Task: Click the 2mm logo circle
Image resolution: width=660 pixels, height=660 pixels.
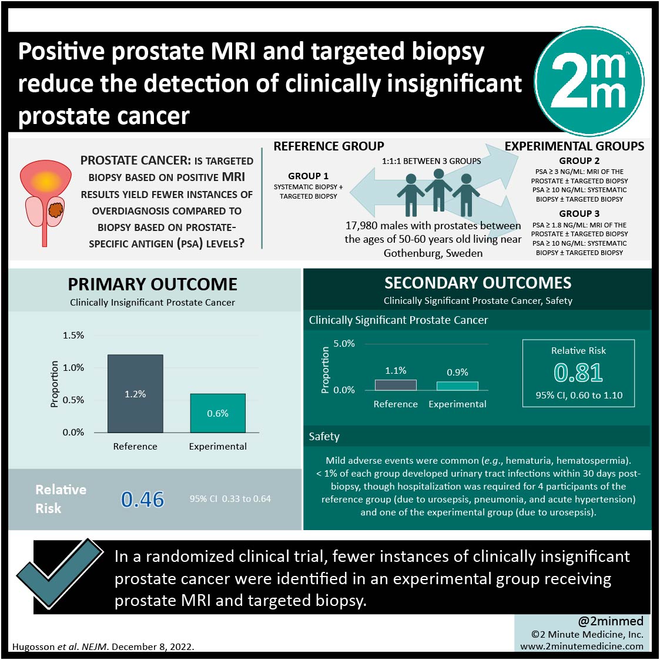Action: [x=589, y=82]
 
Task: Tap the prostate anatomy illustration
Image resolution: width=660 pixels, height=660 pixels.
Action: [x=45, y=203]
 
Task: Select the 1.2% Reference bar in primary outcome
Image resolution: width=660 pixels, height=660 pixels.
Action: [x=135, y=394]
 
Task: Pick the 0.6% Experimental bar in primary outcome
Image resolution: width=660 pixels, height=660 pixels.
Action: [x=217, y=413]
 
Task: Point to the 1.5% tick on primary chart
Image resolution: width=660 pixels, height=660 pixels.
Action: [x=73, y=336]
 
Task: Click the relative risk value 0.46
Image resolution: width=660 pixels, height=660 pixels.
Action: [x=142, y=499]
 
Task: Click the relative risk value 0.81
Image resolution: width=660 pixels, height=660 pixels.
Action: [x=578, y=373]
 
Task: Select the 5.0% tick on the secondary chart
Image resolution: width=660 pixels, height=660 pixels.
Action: [x=344, y=343]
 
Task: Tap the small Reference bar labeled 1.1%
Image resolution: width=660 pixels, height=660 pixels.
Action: [x=396, y=385]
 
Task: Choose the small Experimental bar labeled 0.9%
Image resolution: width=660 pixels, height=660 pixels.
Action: [x=457, y=386]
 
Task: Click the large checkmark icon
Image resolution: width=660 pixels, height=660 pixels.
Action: [x=59, y=573]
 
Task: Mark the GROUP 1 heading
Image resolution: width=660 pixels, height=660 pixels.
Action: [x=308, y=176]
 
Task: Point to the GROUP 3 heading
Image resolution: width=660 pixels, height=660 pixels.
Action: [x=579, y=213]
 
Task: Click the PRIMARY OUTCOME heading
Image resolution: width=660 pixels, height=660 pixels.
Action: [x=152, y=284]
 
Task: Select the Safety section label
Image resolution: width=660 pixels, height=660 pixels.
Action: [x=324, y=437]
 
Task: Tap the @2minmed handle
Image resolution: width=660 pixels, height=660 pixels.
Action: [x=611, y=621]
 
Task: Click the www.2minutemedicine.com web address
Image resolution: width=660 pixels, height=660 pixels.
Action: [x=582, y=646]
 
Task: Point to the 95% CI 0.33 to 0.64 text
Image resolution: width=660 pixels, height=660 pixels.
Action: [x=230, y=499]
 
